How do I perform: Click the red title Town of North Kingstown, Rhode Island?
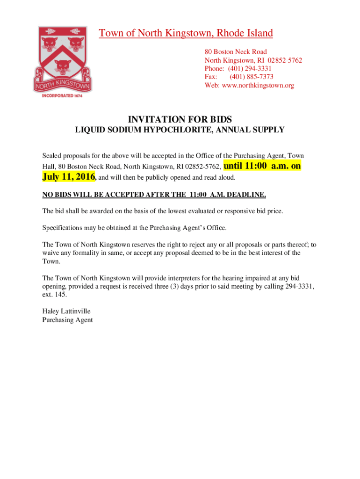click(186, 33)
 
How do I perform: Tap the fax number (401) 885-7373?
click(251, 77)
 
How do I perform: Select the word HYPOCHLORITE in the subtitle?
click(183, 130)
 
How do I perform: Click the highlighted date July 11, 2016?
click(69, 176)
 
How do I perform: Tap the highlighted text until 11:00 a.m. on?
click(262, 166)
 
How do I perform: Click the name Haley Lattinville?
click(66, 311)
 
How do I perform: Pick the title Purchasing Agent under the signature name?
click(68, 320)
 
